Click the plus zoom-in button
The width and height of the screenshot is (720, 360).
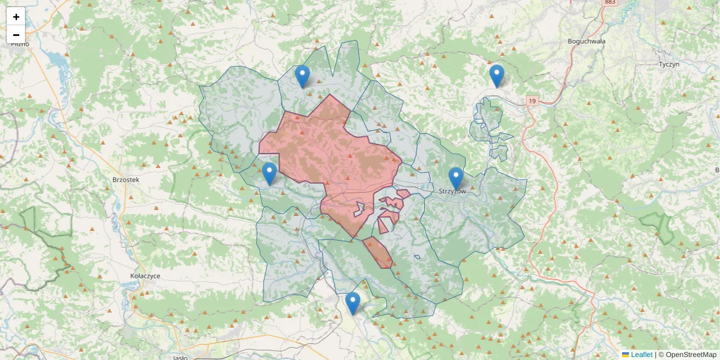16,17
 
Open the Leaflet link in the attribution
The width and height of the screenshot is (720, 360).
641,355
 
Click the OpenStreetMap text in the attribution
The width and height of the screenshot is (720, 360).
691,355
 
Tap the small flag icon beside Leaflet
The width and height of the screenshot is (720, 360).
625,355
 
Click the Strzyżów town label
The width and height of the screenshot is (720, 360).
452,191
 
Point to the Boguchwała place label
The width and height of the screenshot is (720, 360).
586,41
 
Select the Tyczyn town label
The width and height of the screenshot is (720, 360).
668,64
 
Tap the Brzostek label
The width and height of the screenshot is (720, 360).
125,179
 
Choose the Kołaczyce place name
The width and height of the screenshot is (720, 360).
145,275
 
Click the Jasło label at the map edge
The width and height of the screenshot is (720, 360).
179,357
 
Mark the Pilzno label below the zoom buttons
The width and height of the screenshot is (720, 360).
20,44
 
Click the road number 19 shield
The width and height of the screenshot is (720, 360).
532,101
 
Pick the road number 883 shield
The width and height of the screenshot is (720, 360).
610,2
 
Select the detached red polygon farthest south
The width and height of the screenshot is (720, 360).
378,253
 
